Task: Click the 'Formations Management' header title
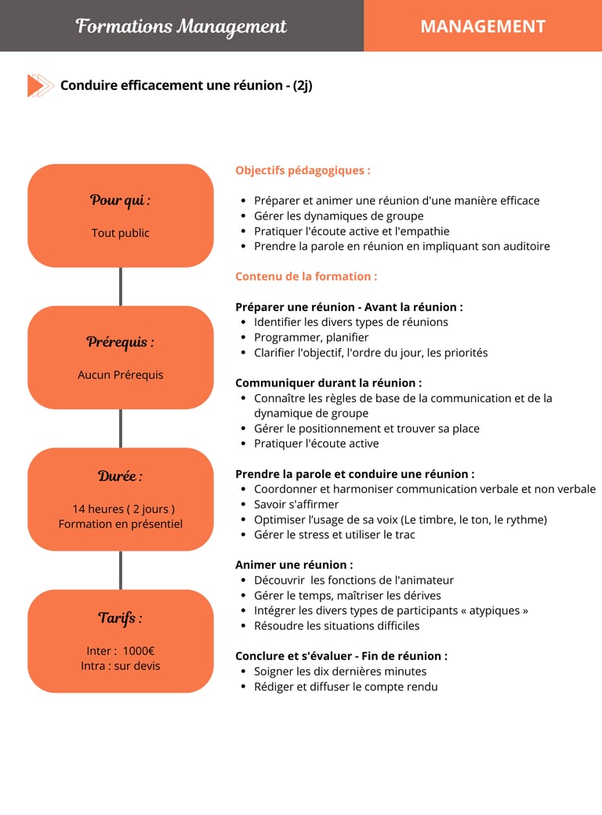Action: click(181, 26)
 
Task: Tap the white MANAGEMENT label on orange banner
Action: click(482, 26)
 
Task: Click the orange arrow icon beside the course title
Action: click(39, 85)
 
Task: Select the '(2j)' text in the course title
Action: click(303, 85)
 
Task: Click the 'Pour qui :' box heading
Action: click(120, 200)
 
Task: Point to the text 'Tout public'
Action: click(120, 233)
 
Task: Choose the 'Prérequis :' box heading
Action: click(120, 342)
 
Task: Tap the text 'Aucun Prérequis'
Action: click(120, 375)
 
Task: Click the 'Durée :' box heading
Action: click(120, 476)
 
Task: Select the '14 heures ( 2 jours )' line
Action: click(123, 509)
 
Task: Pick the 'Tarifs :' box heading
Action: click(120, 618)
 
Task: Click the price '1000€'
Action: click(139, 650)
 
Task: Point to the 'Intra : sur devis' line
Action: click(120, 665)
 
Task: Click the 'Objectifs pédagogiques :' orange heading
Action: click(303, 170)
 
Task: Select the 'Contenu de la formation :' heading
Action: click(306, 276)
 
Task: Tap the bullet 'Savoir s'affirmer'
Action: click(296, 504)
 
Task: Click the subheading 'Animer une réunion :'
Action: click(294, 564)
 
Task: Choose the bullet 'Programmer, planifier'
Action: click(311, 337)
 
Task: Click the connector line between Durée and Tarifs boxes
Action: click(120, 570)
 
